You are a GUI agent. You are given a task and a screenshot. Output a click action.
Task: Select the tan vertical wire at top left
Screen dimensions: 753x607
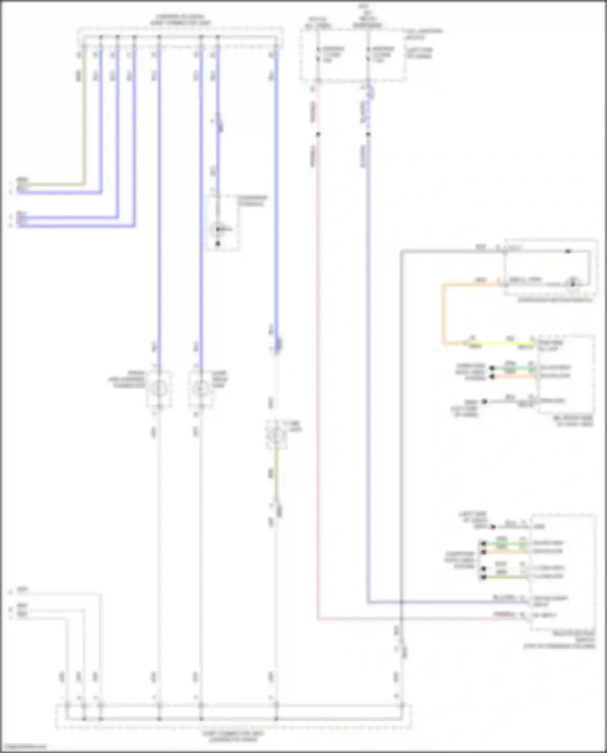pyautogui.click(x=85, y=117)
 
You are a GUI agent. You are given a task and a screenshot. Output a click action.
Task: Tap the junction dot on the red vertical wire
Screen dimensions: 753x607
pyautogui.click(x=318, y=134)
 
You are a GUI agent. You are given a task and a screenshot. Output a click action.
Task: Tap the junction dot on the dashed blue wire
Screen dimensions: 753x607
pyautogui.click(x=368, y=134)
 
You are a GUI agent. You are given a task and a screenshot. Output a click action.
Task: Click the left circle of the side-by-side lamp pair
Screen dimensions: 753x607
pyautogui.click(x=159, y=389)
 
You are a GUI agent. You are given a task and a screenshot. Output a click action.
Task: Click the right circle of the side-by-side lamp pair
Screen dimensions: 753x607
pyautogui.click(x=200, y=389)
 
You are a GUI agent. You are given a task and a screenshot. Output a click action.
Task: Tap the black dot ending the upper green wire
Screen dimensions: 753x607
pyautogui.click(x=492, y=368)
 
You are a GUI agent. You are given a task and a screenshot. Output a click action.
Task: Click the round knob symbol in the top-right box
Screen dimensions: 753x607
pyautogui.click(x=572, y=282)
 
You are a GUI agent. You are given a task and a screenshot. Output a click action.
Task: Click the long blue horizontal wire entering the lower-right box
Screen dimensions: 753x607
pyautogui.click(x=445, y=602)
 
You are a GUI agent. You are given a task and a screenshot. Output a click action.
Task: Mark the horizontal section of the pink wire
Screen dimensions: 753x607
pyautogui.click(x=405, y=619)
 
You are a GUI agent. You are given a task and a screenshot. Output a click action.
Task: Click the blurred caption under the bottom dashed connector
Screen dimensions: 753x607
pyautogui.click(x=233, y=736)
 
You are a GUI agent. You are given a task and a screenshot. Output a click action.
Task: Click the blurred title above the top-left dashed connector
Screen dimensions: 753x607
pyautogui.click(x=180, y=20)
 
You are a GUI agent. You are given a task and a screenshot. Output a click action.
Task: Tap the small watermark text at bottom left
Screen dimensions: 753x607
pyautogui.click(x=23, y=747)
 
